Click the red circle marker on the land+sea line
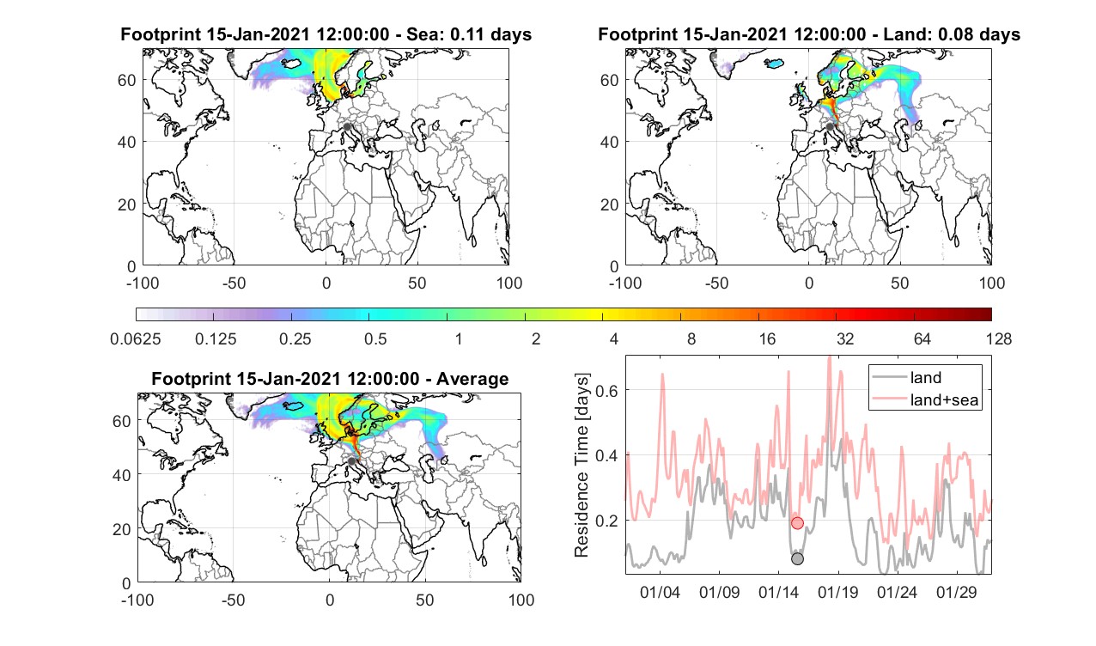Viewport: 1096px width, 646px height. coord(797,522)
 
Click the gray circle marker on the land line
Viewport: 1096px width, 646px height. coord(797,558)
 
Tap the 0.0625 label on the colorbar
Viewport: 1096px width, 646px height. coord(135,338)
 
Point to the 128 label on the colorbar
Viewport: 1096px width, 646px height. coord(999,338)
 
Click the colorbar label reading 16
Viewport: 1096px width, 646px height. coord(767,338)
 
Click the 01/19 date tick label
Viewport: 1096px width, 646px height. coord(838,592)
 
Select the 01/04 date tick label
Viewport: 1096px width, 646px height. coord(660,592)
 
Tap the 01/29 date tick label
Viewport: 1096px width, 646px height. coord(957,592)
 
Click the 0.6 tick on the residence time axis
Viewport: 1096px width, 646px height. coord(606,391)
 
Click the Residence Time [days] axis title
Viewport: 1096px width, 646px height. coord(581,466)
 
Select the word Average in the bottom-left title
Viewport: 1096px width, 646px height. coord(472,379)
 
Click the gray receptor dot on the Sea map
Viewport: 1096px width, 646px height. coord(347,126)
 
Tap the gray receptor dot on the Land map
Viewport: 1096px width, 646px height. coord(830,126)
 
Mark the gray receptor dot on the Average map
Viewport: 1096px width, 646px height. coord(351,461)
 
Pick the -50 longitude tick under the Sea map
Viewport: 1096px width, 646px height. coord(234,283)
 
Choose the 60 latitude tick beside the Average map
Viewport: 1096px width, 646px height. coord(121,421)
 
